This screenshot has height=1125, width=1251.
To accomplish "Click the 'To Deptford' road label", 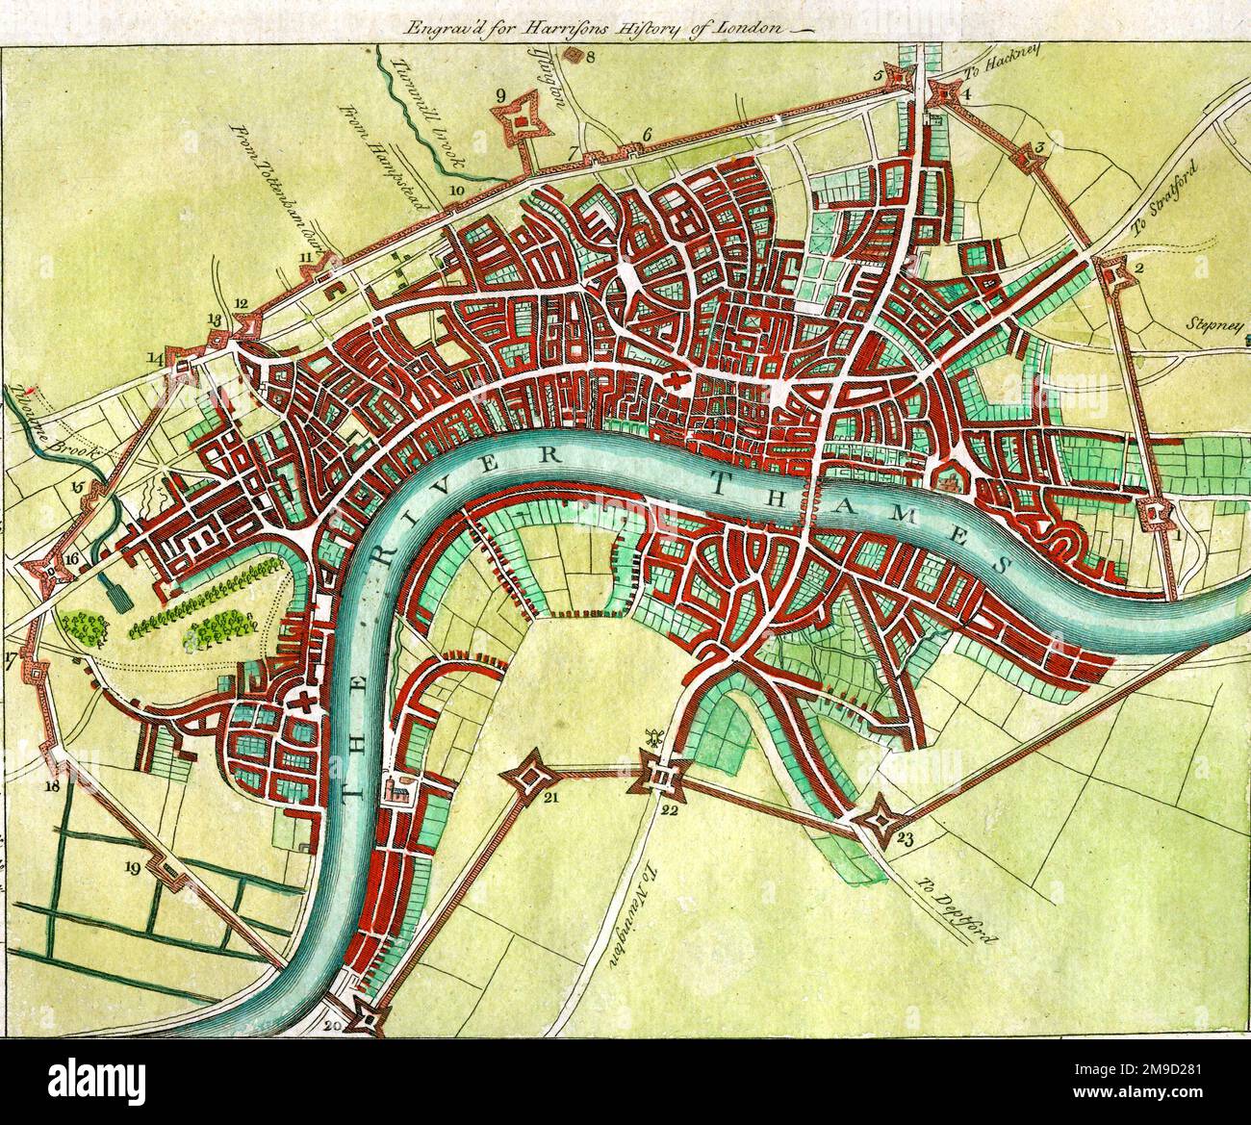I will (x=947, y=901).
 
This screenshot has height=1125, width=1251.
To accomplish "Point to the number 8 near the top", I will (x=591, y=56).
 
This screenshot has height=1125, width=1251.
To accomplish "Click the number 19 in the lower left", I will (x=133, y=868).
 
